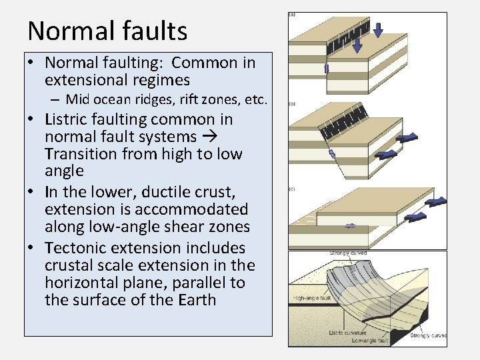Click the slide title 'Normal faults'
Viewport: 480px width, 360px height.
107,31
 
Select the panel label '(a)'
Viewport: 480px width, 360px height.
292,13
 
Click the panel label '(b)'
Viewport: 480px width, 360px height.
292,104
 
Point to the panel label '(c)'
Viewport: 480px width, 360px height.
292,190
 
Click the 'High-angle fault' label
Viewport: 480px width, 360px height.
311,297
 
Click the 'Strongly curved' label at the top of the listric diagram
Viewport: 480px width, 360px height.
348,253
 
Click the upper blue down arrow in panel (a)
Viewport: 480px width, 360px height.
378,29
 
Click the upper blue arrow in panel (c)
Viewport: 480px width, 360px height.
437,201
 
